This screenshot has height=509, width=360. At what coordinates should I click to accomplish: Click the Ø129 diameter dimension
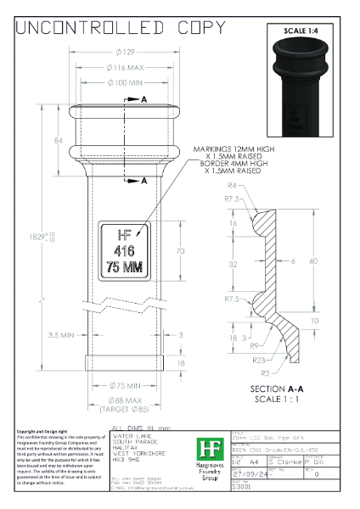point(123,53)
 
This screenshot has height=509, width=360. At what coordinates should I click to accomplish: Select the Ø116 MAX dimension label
point(123,67)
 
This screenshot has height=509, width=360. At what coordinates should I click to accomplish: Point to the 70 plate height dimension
point(179,252)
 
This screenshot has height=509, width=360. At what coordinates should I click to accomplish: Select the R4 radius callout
point(232,185)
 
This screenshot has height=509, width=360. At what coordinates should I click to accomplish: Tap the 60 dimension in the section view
point(312,261)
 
